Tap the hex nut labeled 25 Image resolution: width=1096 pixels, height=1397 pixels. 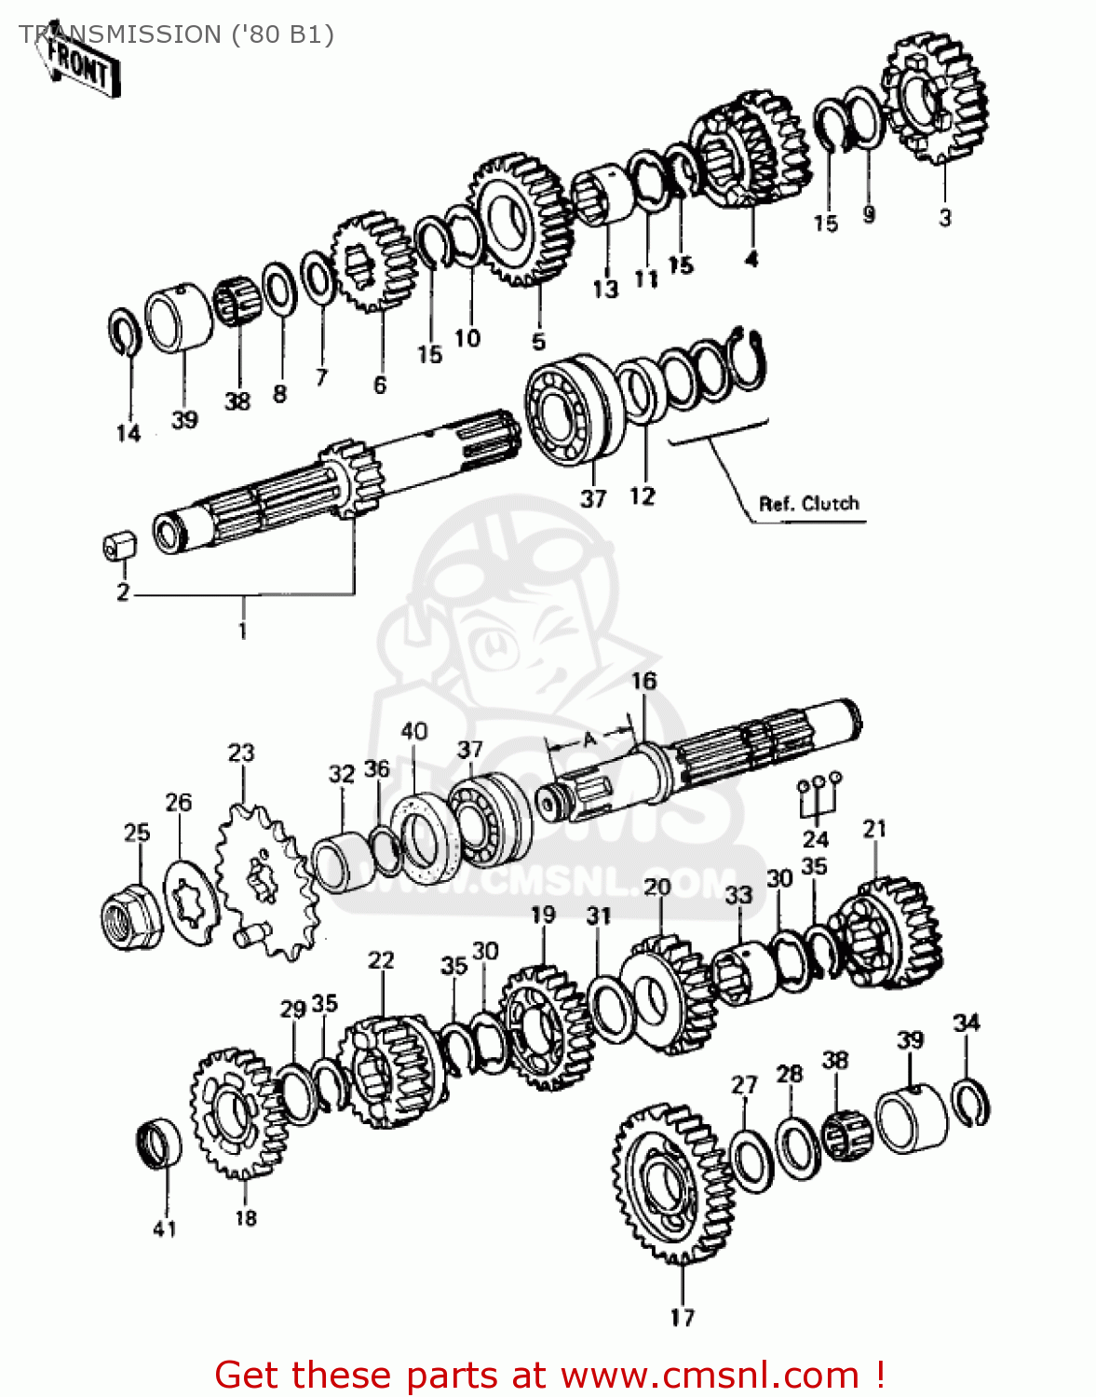(129, 916)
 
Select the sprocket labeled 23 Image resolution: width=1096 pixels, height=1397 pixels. (262, 881)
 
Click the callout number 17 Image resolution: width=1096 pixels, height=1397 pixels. (682, 1317)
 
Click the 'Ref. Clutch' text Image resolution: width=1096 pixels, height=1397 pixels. (808, 504)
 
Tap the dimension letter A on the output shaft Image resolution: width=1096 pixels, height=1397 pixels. (589, 739)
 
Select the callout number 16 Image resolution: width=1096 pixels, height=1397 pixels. (643, 681)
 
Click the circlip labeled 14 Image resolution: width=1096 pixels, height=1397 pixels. (124, 331)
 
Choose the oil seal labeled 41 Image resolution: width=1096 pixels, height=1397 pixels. (159, 1143)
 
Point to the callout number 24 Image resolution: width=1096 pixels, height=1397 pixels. (816, 838)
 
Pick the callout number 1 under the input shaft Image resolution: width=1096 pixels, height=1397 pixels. (242, 631)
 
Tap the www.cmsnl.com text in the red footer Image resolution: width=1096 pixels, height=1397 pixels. (710, 1375)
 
